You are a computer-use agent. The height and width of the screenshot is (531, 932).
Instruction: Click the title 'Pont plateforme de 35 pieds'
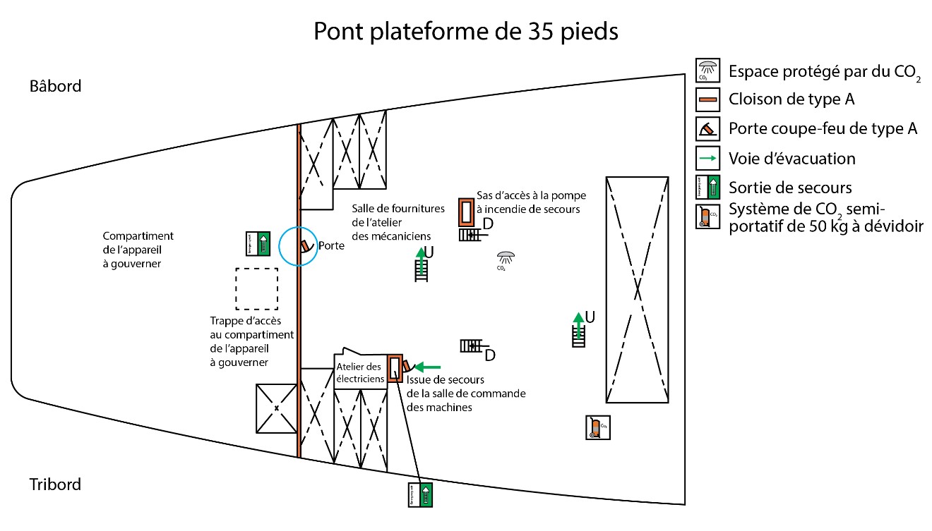click(x=466, y=32)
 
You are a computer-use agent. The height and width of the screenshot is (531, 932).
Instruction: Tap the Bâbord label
click(x=56, y=86)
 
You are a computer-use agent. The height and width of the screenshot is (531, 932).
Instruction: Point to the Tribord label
click(x=55, y=484)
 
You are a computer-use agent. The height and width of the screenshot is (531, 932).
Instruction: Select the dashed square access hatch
click(x=256, y=288)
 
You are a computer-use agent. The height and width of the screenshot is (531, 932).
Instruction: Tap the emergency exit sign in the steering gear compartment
click(x=257, y=243)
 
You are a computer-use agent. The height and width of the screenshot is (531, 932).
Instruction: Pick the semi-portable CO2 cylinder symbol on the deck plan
click(x=597, y=427)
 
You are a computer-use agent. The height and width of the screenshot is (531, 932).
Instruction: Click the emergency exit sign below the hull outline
click(x=420, y=494)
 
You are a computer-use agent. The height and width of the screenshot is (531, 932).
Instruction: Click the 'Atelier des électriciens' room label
click(x=359, y=372)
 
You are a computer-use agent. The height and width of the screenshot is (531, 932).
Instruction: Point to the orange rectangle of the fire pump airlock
click(x=466, y=212)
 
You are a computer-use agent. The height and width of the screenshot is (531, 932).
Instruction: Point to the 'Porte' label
click(x=331, y=246)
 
